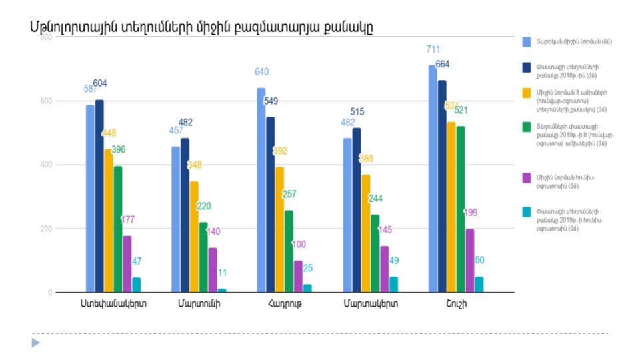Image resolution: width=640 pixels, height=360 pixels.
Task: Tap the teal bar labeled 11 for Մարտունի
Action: (222, 290)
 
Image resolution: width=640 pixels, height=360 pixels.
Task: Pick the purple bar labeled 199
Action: (470, 261)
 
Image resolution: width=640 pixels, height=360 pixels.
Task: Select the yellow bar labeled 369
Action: (366, 233)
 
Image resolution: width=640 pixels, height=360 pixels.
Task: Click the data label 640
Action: (262, 72)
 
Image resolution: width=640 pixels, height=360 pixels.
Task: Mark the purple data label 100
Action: (299, 245)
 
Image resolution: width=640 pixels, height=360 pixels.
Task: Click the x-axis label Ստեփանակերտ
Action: (113, 304)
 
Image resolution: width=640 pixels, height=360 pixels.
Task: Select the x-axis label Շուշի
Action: (456, 304)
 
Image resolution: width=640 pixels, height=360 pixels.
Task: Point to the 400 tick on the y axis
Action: (46, 165)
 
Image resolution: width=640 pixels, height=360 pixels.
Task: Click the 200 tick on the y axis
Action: (46, 229)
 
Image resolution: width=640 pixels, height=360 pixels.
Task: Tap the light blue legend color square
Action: (527, 41)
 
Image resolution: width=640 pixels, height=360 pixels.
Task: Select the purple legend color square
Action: (527, 178)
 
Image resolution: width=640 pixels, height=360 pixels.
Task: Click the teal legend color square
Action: (527, 213)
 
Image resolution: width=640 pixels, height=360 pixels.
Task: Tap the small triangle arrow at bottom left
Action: (36, 343)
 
